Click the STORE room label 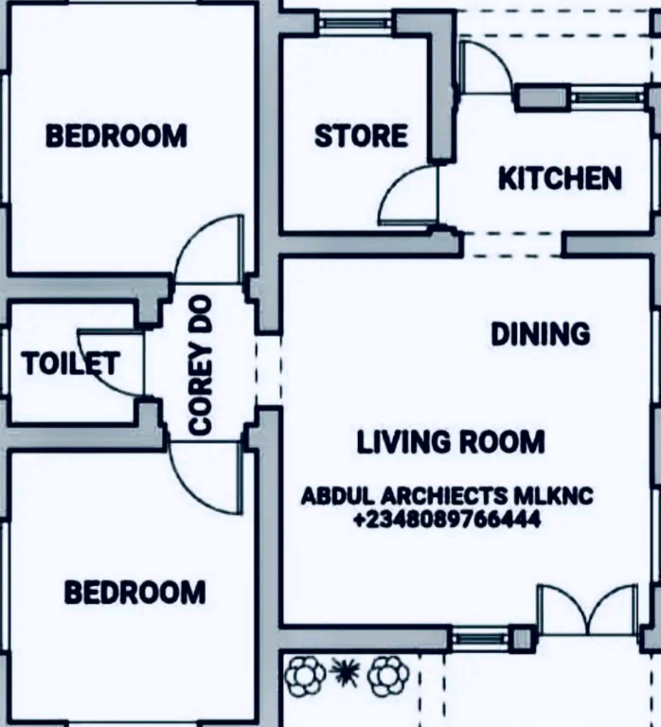coord(362,135)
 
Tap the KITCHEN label coord(560,179)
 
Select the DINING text coord(541,334)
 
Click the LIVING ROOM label coord(451,441)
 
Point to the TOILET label coord(70,363)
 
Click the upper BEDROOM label coord(116,135)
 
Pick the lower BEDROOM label coord(134,592)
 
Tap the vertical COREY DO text coord(201,365)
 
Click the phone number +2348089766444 coord(447,519)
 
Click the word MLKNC coord(553,496)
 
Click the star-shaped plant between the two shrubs coord(345,672)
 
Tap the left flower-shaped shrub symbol coord(305,675)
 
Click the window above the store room coord(356,23)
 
